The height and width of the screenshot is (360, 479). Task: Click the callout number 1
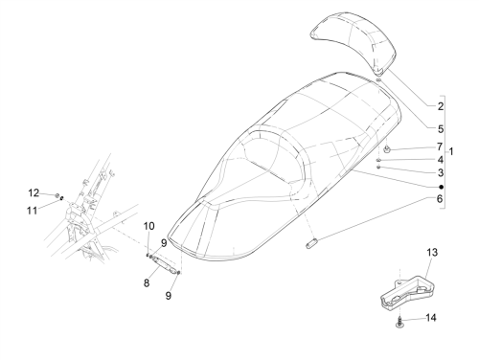pyautogui.click(x=451, y=151)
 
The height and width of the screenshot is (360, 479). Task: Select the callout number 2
pyautogui.click(x=441, y=106)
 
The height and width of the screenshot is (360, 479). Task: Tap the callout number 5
pyautogui.click(x=441, y=129)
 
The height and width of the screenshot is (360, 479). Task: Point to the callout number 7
pyautogui.click(x=440, y=146)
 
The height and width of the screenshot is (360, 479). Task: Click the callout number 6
pyautogui.click(x=440, y=199)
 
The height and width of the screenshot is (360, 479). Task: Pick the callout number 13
pyautogui.click(x=432, y=253)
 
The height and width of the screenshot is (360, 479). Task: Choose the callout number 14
pyautogui.click(x=431, y=318)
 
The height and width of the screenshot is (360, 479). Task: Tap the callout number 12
pyautogui.click(x=34, y=192)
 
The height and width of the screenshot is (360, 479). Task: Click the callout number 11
pyautogui.click(x=32, y=211)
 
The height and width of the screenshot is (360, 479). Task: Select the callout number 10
pyautogui.click(x=148, y=226)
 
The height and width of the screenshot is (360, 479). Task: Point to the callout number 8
pyautogui.click(x=147, y=282)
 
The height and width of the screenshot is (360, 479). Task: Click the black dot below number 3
pyautogui.click(x=441, y=187)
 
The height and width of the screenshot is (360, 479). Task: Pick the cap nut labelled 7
pyautogui.click(x=387, y=148)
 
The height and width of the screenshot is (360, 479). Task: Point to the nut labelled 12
pyautogui.click(x=57, y=195)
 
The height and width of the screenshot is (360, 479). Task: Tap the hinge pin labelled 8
pyautogui.click(x=165, y=264)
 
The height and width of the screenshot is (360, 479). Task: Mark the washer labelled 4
pyautogui.click(x=378, y=160)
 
